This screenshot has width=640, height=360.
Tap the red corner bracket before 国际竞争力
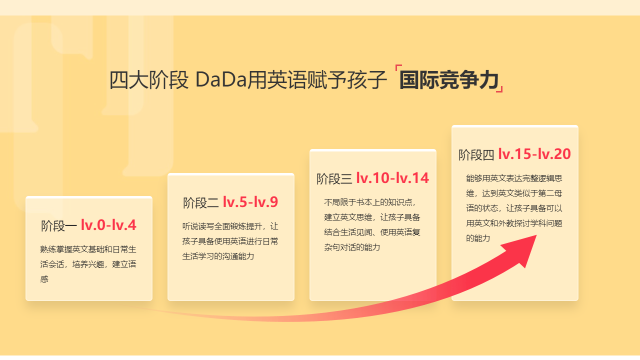pyautogui.click(x=397, y=68)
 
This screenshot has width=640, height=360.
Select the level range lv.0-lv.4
pyautogui.click(x=108, y=225)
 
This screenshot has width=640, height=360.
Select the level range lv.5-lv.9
pyautogui.click(x=250, y=202)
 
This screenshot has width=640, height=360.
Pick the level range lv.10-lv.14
pyautogui.click(x=392, y=178)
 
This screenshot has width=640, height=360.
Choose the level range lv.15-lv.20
pyautogui.click(x=534, y=154)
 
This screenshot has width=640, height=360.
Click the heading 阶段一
pyautogui.click(x=58, y=226)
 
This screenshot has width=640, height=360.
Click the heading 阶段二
pyautogui.click(x=200, y=202)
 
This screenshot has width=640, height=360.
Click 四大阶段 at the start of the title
pyautogui.click(x=148, y=80)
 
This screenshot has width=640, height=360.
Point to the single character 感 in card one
pyautogui.click(x=44, y=279)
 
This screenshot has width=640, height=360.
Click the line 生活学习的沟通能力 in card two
pyautogui.click(x=218, y=256)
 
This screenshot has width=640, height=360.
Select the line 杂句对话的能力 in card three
pyautogui.click(x=352, y=247)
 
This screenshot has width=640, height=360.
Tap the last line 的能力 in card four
pyautogui.click(x=477, y=238)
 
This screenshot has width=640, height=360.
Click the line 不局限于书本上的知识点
pyautogui.click(x=370, y=202)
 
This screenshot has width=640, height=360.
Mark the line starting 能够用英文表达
pyautogui.click(x=514, y=178)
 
